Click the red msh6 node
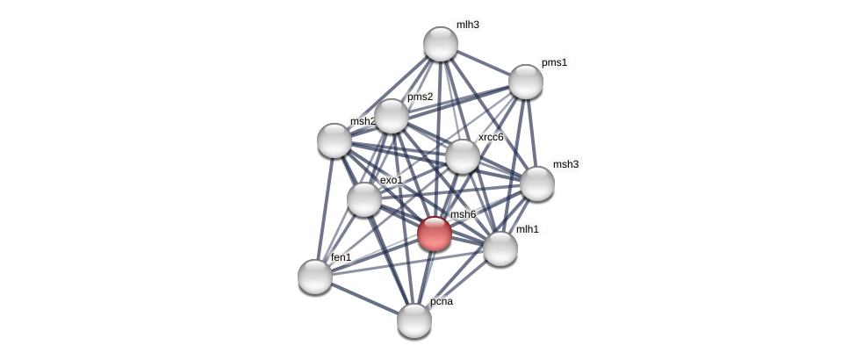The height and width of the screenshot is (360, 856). click(x=435, y=234)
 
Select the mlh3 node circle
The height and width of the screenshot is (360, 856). click(x=441, y=44)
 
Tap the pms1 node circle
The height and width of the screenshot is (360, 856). click(x=526, y=82)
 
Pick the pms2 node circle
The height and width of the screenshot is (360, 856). click(x=392, y=116)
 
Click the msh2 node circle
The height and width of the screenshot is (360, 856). click(x=334, y=140)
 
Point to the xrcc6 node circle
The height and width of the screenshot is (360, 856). click(x=463, y=156)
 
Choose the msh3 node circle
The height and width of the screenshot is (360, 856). click(x=537, y=184)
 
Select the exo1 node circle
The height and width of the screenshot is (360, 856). click(x=364, y=199)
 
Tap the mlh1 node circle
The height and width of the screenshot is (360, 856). click(x=500, y=248)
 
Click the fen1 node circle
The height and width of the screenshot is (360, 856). click(x=315, y=277)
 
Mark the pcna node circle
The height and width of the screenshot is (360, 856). click(x=414, y=320)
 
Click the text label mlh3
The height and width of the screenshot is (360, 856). click(x=468, y=25)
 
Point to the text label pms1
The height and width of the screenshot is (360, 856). click(x=554, y=62)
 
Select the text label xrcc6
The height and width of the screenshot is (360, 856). click(x=491, y=137)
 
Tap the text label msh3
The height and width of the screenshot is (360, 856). click(x=565, y=164)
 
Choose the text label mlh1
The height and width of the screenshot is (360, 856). click(x=528, y=229)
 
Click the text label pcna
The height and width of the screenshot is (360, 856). click(x=442, y=301)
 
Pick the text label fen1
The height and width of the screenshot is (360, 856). click(x=342, y=257)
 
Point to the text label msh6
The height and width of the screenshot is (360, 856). click(x=463, y=214)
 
